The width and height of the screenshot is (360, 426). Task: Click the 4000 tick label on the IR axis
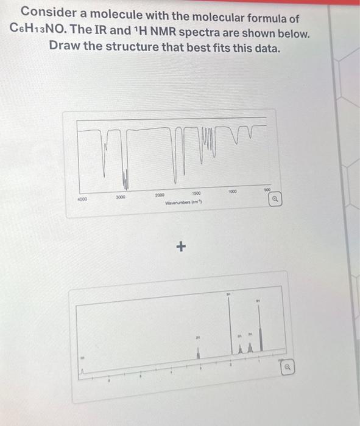pyautogui.click(x=82, y=198)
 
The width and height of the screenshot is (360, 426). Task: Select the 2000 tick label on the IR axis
pyautogui.click(x=160, y=194)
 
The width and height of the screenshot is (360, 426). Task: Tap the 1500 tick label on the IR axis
pyautogui.click(x=198, y=192)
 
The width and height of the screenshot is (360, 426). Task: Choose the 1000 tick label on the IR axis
pyautogui.click(x=231, y=190)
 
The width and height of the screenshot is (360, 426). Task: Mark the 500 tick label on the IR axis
pyautogui.click(x=267, y=189)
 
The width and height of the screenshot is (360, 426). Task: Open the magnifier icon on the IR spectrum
pyautogui.click(x=276, y=198)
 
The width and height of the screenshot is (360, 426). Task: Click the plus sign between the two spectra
pyautogui.click(x=179, y=247)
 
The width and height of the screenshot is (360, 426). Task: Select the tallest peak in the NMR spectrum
pyautogui.click(x=230, y=329)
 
